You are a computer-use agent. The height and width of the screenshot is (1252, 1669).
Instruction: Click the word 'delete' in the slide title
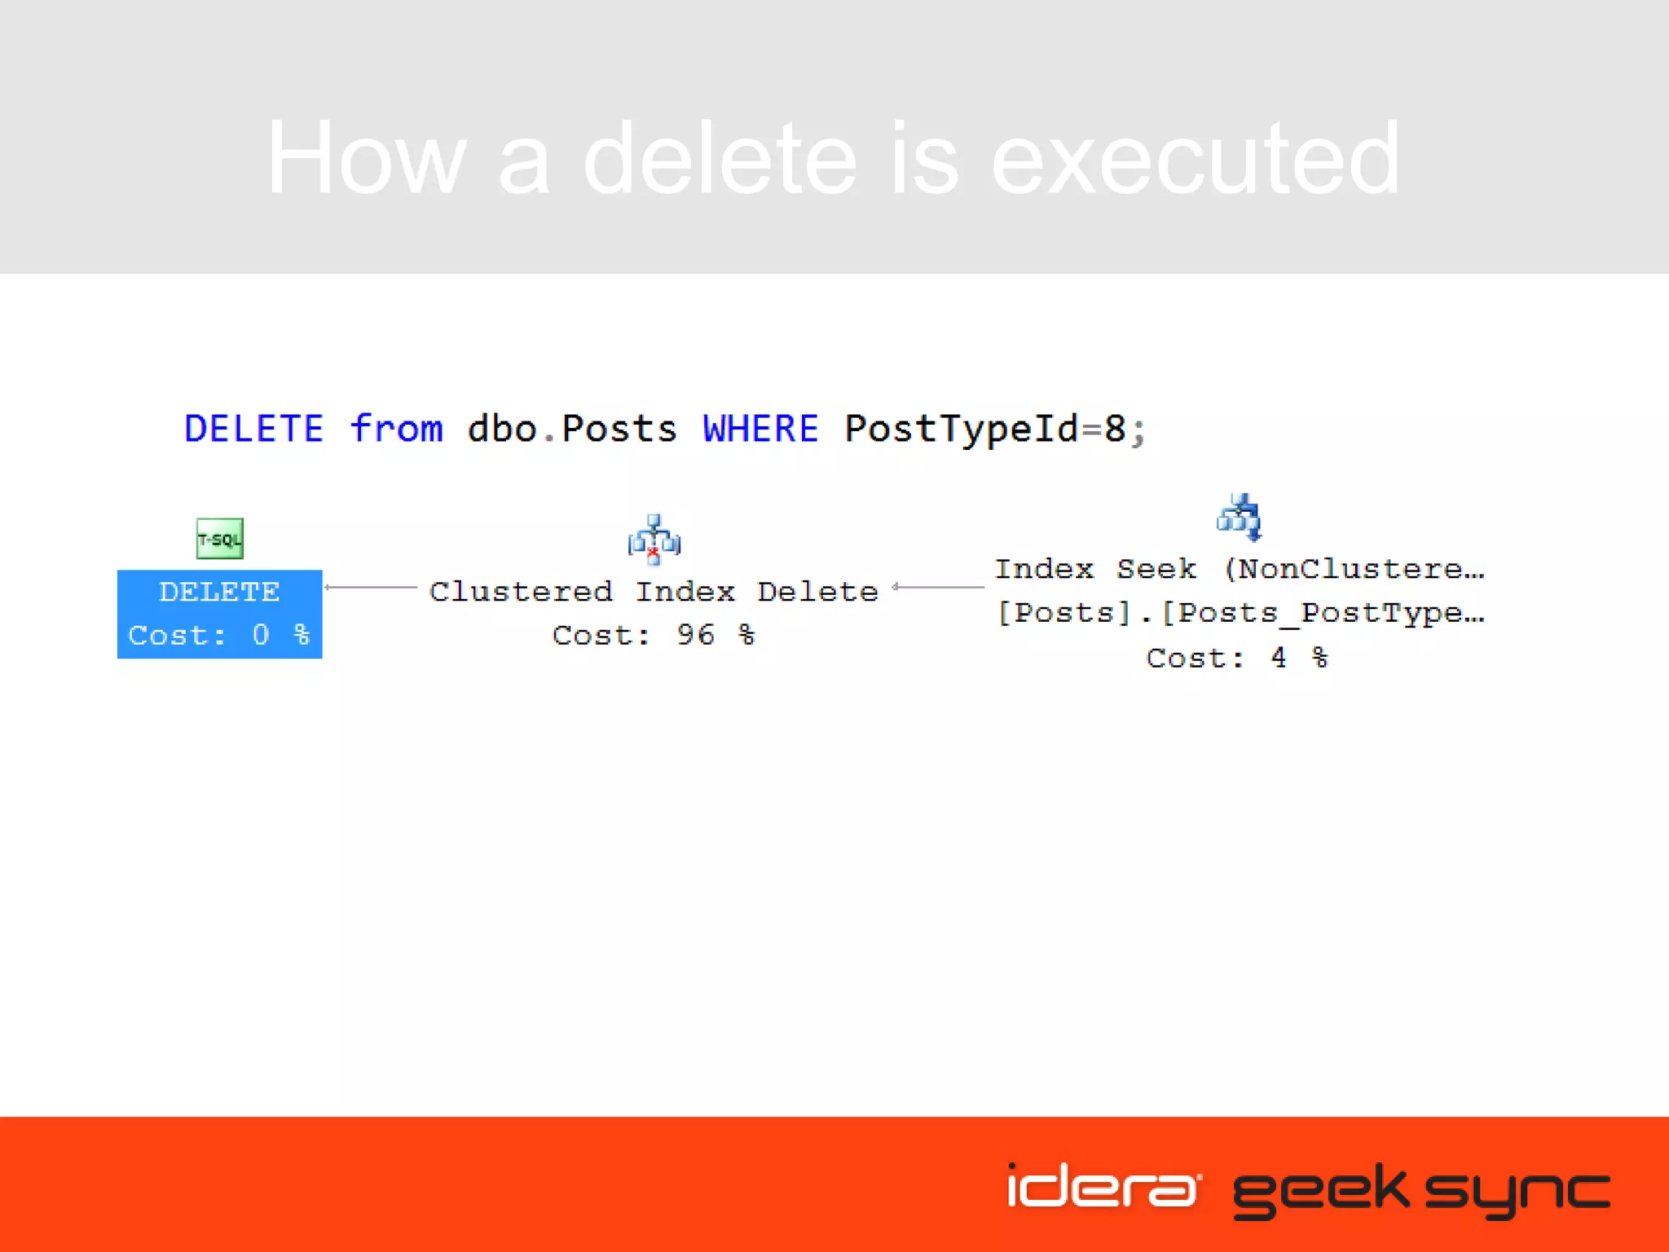(720, 158)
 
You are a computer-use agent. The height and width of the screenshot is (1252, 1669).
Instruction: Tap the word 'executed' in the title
(1195, 158)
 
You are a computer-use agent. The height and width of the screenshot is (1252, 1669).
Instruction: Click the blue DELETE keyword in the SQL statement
(253, 429)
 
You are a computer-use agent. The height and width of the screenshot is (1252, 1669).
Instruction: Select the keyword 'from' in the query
(396, 429)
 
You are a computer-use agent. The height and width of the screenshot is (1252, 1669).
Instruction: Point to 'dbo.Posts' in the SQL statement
(571, 429)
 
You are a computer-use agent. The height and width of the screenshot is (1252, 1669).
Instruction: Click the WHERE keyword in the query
(760, 429)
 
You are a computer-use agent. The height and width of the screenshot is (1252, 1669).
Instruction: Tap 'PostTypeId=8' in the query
(986, 429)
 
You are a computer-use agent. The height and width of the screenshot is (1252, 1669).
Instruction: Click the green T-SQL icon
(219, 539)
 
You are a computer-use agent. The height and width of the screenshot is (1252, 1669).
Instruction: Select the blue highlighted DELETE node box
(219, 614)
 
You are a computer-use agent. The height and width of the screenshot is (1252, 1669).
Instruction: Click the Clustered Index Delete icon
(654, 540)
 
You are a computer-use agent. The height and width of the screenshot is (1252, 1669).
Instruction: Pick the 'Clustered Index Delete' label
(654, 591)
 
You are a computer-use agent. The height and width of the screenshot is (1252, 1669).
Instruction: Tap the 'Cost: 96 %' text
(654, 635)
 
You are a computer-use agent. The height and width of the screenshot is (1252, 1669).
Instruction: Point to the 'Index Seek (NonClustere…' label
(1239, 569)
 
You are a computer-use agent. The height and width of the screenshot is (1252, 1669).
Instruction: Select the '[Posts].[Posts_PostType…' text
(1240, 613)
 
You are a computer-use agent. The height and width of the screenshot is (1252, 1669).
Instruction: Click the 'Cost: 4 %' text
(1237, 657)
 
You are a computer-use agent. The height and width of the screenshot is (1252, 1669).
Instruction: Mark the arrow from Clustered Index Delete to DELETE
(371, 587)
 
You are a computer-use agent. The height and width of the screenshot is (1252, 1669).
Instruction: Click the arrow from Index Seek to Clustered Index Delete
(938, 587)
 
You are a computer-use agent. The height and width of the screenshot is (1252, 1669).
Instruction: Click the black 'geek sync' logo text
(1420, 1192)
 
